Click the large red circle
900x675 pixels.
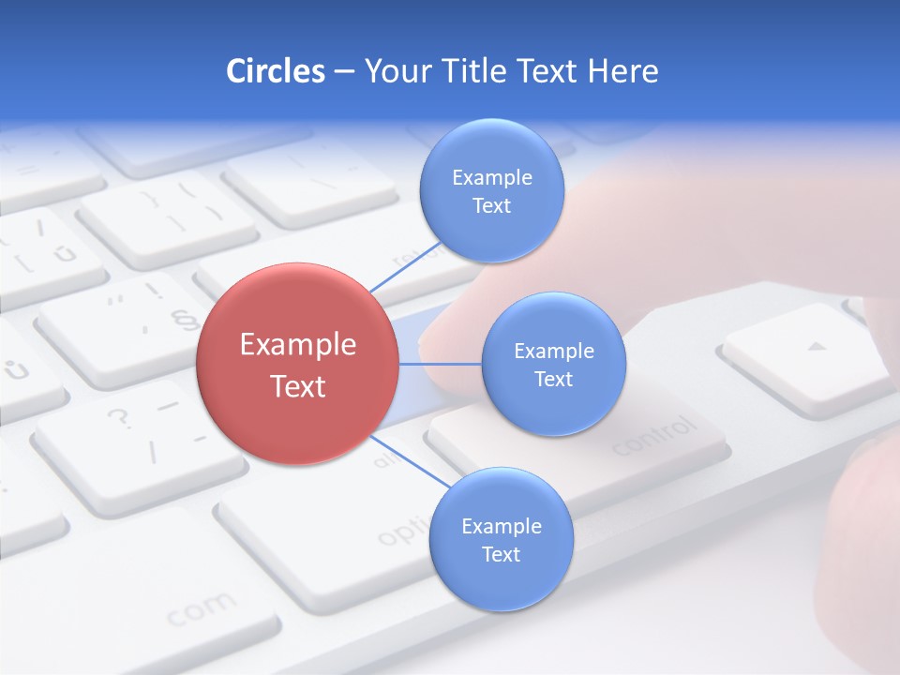point(297,364)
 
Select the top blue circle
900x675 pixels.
point(491,190)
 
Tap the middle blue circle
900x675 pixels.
point(553,364)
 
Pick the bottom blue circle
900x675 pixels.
point(501,539)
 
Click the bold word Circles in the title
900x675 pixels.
point(275,71)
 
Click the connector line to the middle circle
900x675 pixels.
point(440,364)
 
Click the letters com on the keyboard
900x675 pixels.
point(202,609)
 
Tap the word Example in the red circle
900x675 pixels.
point(297,345)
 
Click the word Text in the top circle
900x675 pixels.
point(491,205)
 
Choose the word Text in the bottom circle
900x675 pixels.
point(501,554)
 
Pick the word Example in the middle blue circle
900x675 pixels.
point(553,351)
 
